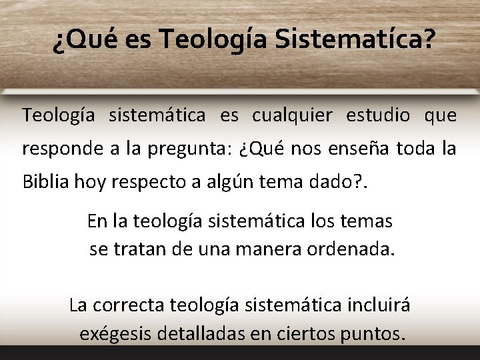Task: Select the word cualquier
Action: (291, 115)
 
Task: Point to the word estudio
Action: (378, 115)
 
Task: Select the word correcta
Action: (127, 305)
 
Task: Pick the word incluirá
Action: (377, 305)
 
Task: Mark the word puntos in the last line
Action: (371, 333)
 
